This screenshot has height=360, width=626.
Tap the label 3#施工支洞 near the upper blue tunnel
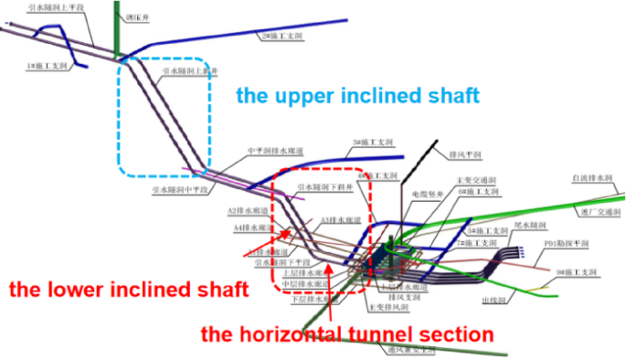coord(376,143)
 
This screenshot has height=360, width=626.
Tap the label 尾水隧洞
coord(531,225)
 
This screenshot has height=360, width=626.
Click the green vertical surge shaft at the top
coord(117,27)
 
